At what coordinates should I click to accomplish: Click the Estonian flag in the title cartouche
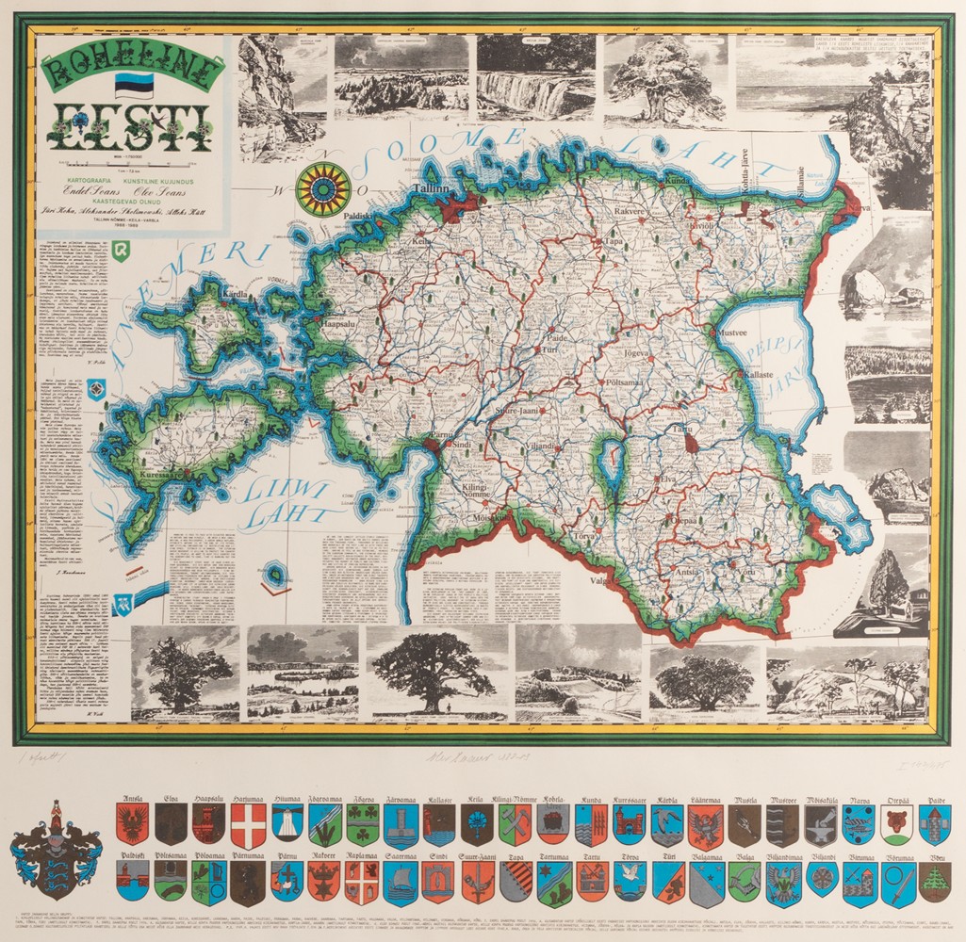tap(133, 85)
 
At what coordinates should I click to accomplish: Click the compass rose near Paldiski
tap(322, 188)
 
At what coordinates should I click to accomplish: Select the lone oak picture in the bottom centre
tap(434, 670)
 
